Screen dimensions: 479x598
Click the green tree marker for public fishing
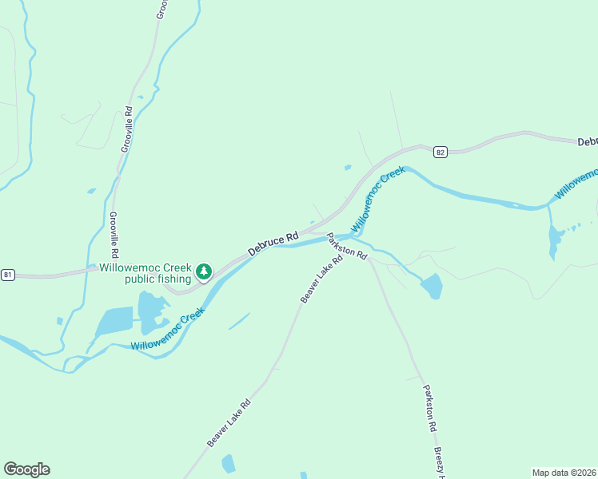[x=204, y=272]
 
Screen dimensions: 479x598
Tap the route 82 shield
[x=440, y=151]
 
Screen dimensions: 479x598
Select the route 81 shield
[x=8, y=275]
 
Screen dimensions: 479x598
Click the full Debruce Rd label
[x=273, y=243]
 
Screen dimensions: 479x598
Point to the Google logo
[x=26, y=469]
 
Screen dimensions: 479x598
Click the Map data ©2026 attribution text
[x=564, y=472]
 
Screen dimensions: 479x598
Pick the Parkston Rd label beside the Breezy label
[x=430, y=407]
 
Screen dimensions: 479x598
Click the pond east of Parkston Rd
[x=432, y=286]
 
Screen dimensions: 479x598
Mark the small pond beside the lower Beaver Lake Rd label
[x=229, y=463]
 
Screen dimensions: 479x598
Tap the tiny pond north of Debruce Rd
[x=347, y=168]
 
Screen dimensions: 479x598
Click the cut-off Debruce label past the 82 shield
[x=587, y=141]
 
